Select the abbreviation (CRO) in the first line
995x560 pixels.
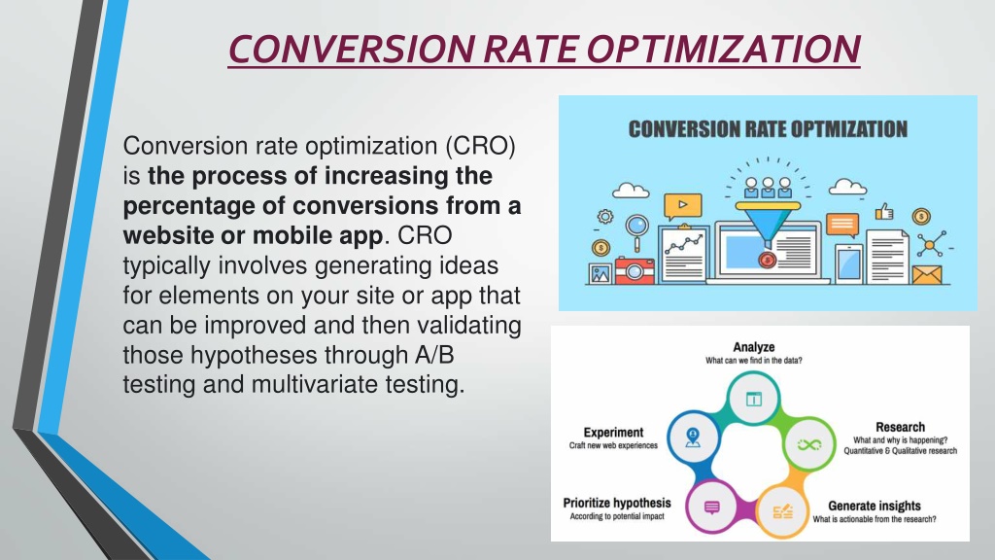[x=480, y=146]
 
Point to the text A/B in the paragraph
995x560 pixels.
[x=434, y=355]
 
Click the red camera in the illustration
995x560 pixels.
[x=634, y=270]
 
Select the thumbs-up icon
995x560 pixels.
[x=884, y=211]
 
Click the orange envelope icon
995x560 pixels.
[x=926, y=275]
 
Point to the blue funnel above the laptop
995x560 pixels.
[x=768, y=224]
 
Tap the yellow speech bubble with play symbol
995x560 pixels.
[x=683, y=206]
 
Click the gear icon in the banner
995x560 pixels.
[x=605, y=217]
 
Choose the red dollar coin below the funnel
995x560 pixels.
[x=768, y=259]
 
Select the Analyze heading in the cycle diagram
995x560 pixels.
[x=754, y=347]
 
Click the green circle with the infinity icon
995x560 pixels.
[x=809, y=444]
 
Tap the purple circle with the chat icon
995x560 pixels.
[x=712, y=507]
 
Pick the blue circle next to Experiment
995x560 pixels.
[x=694, y=437]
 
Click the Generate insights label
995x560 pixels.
[x=875, y=506]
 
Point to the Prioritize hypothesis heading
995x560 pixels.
[x=617, y=503]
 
